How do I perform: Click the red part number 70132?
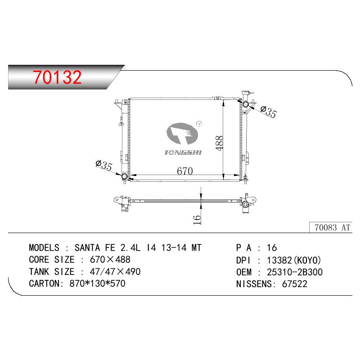pos(57,77)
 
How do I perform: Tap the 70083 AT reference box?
pos(331,227)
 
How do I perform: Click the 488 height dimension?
pos(219,143)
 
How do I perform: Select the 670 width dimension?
pos(185,171)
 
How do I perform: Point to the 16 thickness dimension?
pos(197,220)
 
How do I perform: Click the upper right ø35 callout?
pos(269,112)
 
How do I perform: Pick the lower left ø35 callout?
pos(104,165)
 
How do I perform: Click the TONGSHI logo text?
pos(183,153)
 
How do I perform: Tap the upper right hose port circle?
pos(246,104)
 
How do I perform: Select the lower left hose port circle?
pos(125,176)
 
